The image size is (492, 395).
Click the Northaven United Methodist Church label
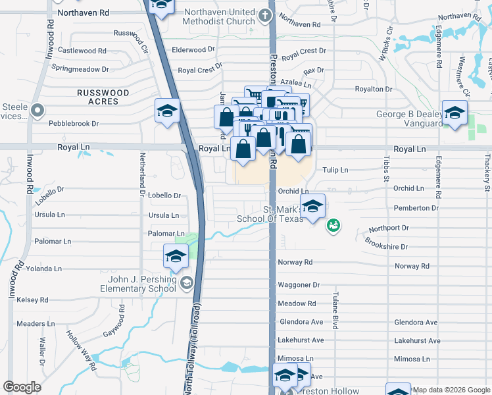tap(219, 16)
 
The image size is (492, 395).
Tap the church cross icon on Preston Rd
tap(265, 14)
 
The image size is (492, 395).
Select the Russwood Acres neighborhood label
tap(98, 97)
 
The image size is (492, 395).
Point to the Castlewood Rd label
tap(82, 51)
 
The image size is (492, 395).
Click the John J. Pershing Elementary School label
tap(137, 283)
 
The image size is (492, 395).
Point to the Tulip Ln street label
tap(335, 170)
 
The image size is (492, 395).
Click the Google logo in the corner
tap(22, 387)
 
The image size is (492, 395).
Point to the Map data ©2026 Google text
tap(451, 390)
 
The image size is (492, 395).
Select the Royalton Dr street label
tap(373, 89)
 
